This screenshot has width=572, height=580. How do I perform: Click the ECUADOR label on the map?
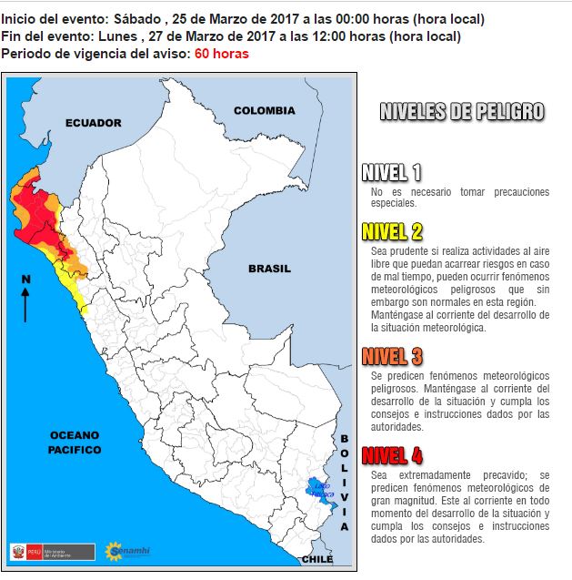point(93,123)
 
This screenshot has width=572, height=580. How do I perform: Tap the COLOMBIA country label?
point(264,110)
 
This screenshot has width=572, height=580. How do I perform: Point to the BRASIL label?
point(269,269)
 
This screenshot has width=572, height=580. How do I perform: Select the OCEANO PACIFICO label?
point(75,443)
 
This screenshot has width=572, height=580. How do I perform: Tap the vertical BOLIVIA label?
point(345,483)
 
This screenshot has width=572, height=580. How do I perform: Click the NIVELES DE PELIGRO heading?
point(461,112)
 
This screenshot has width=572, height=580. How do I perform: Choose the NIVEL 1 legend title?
point(391,173)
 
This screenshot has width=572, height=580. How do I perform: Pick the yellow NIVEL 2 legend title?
point(391,230)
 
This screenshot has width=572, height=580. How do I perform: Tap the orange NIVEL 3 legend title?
point(391,356)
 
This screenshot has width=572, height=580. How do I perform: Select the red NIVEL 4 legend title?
point(391,455)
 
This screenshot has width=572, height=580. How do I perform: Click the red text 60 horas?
point(221,54)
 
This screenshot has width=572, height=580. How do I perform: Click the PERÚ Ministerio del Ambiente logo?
point(52,552)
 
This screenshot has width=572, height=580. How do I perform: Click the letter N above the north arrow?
point(25,279)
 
